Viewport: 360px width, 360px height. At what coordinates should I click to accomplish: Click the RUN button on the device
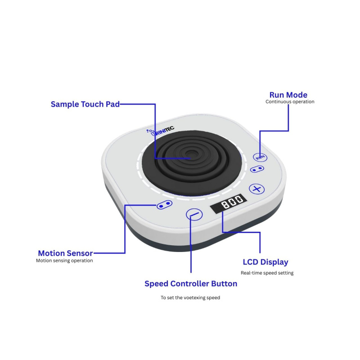click(260, 157)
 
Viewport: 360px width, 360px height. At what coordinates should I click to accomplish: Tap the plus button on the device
click(257, 189)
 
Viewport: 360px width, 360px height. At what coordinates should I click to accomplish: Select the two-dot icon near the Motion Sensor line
click(164, 205)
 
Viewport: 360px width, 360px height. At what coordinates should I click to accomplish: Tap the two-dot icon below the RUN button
click(257, 169)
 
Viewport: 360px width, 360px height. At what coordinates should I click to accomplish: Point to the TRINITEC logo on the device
click(160, 131)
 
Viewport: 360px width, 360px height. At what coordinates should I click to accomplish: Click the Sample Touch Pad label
click(85, 104)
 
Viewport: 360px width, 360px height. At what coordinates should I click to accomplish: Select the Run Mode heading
click(288, 95)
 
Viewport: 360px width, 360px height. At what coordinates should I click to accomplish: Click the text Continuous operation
click(290, 102)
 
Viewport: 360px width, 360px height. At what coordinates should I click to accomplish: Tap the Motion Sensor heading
click(65, 253)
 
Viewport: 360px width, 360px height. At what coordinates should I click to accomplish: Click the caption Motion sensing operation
click(64, 261)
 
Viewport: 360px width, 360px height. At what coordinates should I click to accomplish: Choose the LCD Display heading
click(265, 262)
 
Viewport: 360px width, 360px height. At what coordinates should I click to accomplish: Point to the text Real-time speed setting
click(267, 273)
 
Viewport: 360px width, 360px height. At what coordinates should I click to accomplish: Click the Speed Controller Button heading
click(191, 284)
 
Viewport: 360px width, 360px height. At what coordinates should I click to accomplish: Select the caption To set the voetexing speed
click(190, 298)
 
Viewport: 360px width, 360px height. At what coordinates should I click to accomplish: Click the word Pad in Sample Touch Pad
click(113, 104)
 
